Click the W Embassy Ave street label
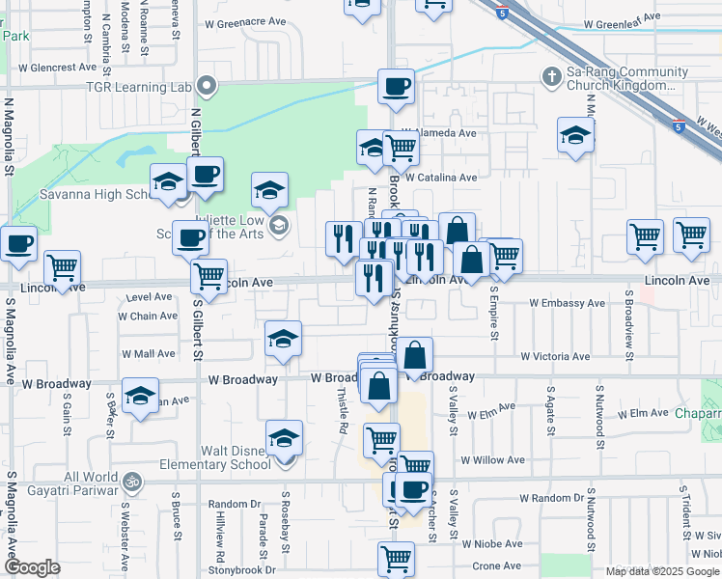pyautogui.click(x=568, y=303)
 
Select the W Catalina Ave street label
pyautogui.click(x=440, y=178)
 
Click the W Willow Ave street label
pyautogui.click(x=492, y=460)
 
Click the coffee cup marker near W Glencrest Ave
pyautogui.click(x=396, y=87)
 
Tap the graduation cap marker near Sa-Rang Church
pyautogui.click(x=575, y=136)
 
